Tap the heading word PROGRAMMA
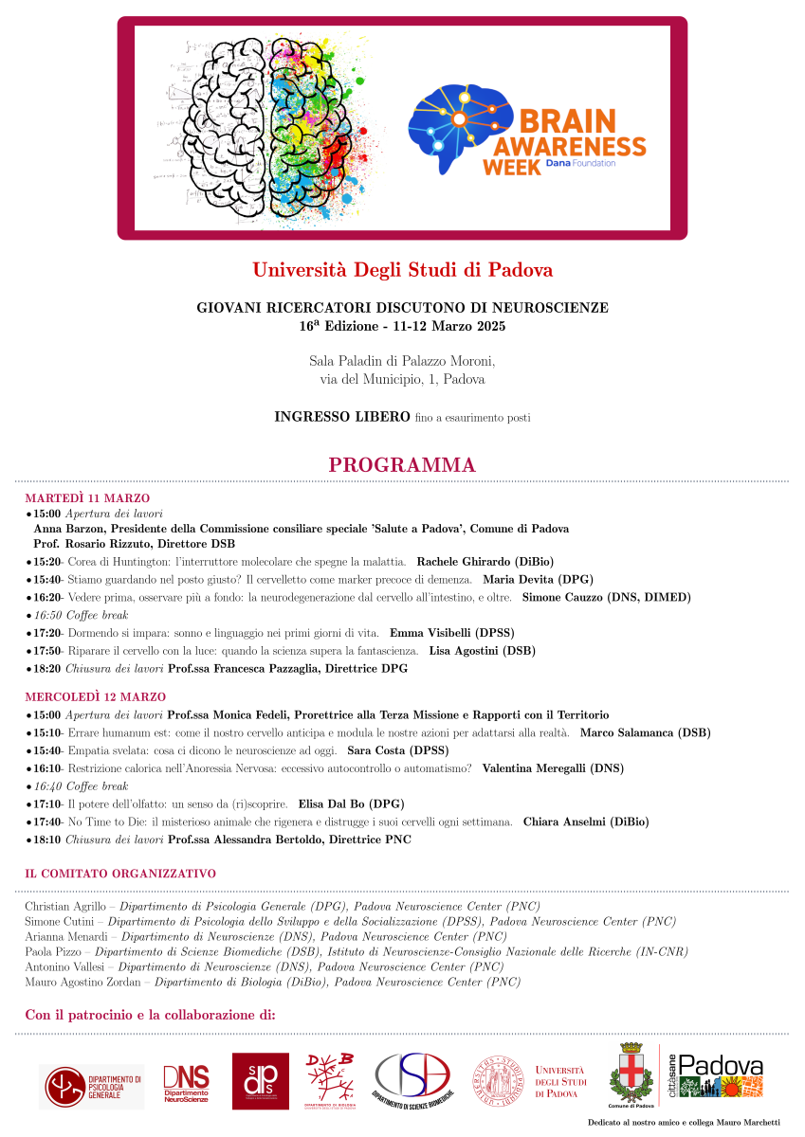[402, 465]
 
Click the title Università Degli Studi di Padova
[402, 270]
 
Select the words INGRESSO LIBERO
[341, 417]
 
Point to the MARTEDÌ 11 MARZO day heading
[87, 498]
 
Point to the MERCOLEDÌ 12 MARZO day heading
[95, 697]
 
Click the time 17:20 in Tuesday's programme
[47, 633]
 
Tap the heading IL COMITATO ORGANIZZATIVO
[120, 874]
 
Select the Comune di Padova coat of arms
[631, 1074]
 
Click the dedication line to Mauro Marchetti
[684, 1122]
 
